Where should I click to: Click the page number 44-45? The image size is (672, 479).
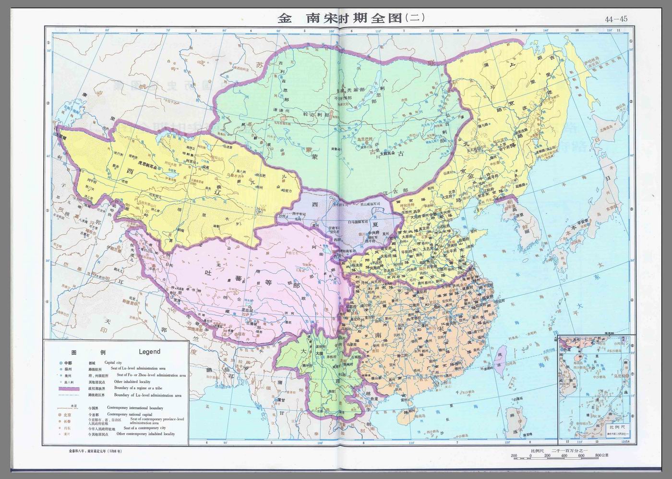pos(616,20)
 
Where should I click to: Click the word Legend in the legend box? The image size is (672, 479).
pos(149,351)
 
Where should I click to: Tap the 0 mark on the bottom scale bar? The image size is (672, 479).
pos(531,455)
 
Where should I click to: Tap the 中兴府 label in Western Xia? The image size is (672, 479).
pos(376,234)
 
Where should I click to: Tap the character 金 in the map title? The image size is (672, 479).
pos(284,18)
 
